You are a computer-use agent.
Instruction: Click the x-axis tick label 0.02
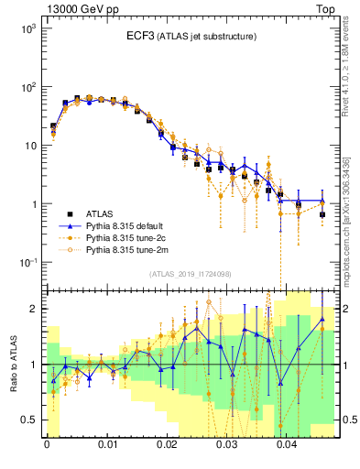[167, 450]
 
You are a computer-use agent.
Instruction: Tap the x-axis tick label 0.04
[287, 450]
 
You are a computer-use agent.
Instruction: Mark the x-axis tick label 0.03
[227, 450]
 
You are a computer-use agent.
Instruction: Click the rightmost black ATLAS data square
[322, 214]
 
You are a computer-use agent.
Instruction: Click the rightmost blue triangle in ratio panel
[322, 320]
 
